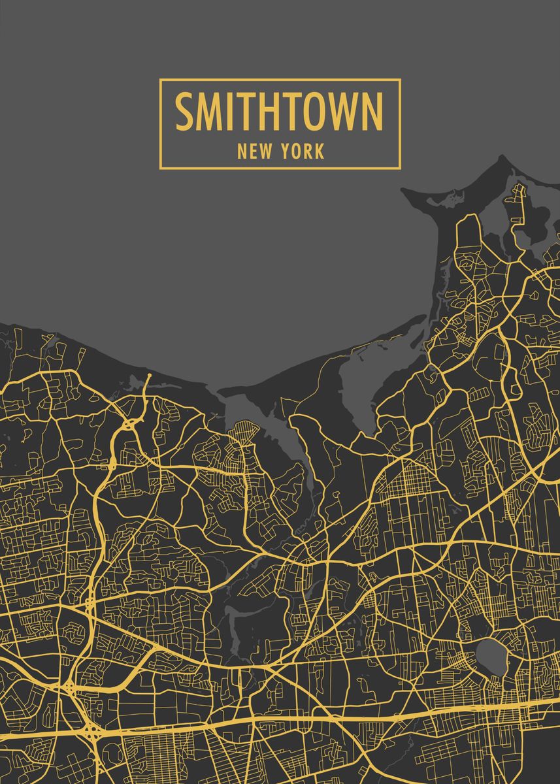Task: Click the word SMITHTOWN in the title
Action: pos(279,112)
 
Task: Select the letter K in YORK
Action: pos(319,152)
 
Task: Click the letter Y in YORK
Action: pos(286,152)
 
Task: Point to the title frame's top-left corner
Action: pos(160,80)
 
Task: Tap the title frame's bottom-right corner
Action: pos(399,169)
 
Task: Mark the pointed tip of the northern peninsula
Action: pos(502,157)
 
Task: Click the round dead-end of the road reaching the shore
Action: pos(148,376)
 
